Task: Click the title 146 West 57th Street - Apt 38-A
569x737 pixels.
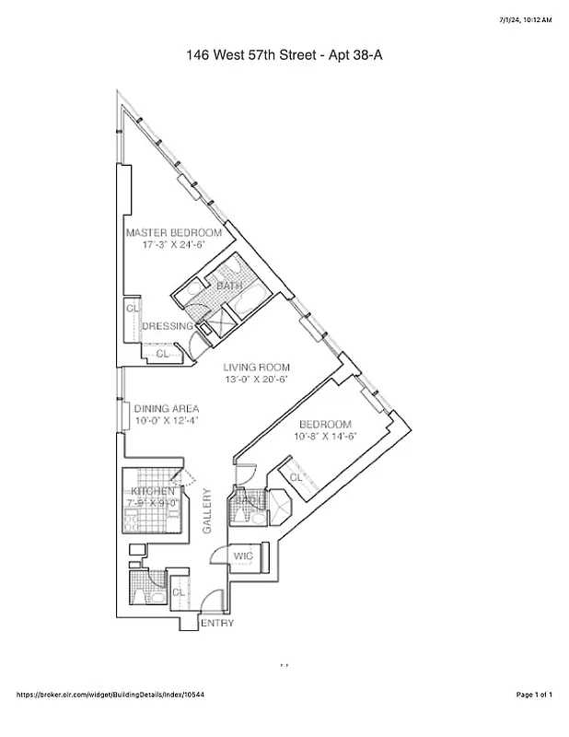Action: pos(284,56)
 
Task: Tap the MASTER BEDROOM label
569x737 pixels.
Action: pos(173,233)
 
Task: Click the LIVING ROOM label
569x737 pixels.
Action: pos(256,367)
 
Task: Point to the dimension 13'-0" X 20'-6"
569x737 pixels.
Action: pos(256,380)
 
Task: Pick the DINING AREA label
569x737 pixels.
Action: pos(167,409)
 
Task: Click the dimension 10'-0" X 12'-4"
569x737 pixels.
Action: pos(167,421)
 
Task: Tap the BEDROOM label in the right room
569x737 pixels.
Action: pos(326,424)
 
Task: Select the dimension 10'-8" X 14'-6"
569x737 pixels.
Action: pos(326,437)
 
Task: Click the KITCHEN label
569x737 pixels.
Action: pos(153,492)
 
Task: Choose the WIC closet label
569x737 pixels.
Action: pos(244,556)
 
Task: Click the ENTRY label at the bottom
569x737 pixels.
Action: pos(217,623)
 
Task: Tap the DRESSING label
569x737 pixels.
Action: pos(167,326)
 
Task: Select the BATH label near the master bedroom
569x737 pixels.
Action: pos(228,287)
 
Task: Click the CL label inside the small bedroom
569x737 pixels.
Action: pos(296,478)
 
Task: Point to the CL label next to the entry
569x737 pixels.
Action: pos(179,591)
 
